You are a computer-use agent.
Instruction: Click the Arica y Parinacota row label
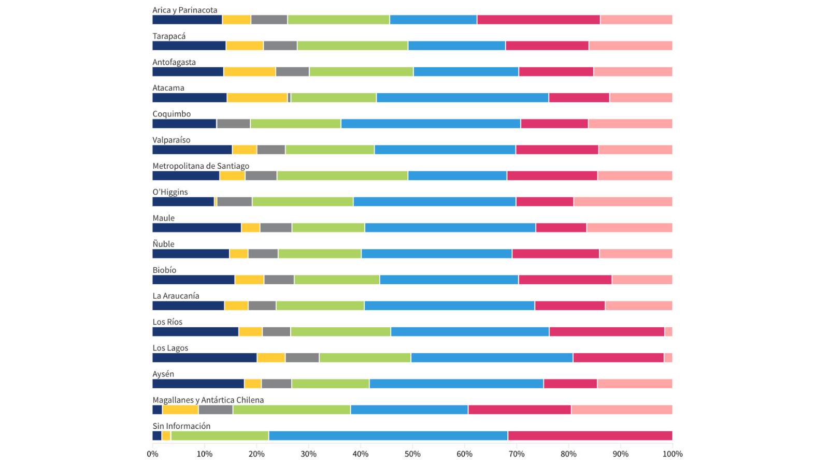click(x=184, y=10)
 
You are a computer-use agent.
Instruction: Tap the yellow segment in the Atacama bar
click(x=257, y=98)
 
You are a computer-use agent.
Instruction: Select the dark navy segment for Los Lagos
click(x=204, y=358)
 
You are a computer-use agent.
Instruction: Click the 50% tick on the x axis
click(x=412, y=454)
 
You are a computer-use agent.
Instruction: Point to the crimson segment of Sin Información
click(x=590, y=436)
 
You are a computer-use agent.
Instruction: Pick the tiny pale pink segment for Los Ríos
click(x=668, y=332)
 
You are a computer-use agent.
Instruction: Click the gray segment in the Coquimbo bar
click(x=233, y=124)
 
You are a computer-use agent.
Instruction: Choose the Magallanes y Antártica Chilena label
click(x=208, y=400)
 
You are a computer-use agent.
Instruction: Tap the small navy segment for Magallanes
click(x=157, y=410)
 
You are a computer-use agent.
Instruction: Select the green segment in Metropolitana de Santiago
click(x=342, y=176)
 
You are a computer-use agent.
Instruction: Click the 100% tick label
click(x=672, y=454)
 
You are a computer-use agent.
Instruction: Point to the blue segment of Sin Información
click(x=388, y=436)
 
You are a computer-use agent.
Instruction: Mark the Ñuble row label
click(x=163, y=244)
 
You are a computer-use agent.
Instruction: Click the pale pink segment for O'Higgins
click(x=623, y=202)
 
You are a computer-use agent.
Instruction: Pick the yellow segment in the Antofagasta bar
click(x=250, y=72)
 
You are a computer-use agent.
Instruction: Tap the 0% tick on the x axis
click(x=152, y=454)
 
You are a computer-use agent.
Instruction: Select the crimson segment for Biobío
click(x=565, y=280)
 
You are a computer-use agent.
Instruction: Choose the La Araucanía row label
click(x=176, y=296)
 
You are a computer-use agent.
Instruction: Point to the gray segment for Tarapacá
click(x=280, y=46)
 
